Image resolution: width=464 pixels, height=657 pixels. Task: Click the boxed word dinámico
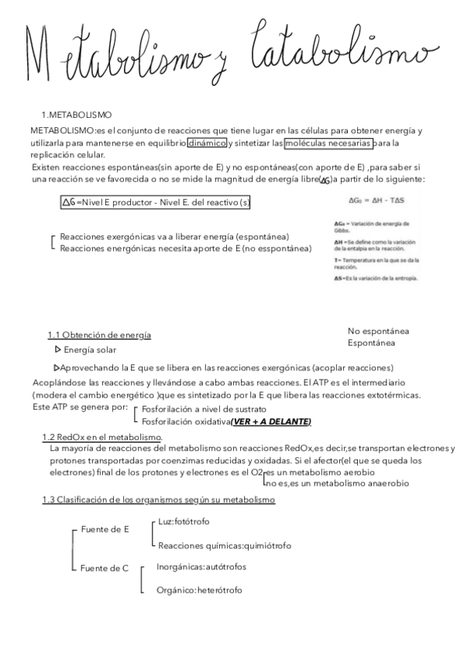(x=207, y=143)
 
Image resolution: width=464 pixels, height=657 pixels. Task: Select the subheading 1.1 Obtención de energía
(x=99, y=335)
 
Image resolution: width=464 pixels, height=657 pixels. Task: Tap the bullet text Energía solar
(x=89, y=350)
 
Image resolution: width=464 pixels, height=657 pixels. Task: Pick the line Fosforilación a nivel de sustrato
(x=204, y=408)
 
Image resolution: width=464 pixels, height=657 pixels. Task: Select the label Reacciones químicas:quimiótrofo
(x=224, y=545)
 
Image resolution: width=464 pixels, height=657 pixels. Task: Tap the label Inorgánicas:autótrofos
(x=201, y=566)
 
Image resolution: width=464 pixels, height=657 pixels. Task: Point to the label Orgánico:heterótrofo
(x=198, y=590)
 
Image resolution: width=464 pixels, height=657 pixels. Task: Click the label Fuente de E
(x=105, y=529)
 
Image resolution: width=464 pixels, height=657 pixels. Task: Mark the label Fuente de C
(x=105, y=569)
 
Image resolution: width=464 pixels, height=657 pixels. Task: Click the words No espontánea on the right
(x=379, y=331)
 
